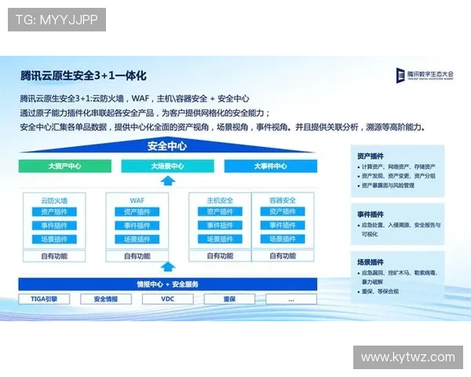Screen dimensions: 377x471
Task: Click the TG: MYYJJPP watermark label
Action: click(57, 20)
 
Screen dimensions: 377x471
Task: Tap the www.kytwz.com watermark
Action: click(407, 357)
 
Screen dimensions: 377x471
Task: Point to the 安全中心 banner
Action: click(167, 146)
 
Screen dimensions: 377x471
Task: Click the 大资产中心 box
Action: click(64, 167)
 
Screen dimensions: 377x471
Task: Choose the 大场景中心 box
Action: click(167, 167)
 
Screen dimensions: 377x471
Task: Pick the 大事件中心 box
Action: click(270, 167)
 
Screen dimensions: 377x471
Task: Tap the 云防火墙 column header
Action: click(54, 199)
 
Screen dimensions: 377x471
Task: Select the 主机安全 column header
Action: click(220, 199)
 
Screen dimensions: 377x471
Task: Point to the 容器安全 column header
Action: click(282, 199)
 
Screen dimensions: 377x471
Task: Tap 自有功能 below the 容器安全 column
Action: click(282, 255)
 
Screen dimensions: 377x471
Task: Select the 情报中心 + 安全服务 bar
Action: click(167, 284)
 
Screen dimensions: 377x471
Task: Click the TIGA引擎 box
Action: click(44, 299)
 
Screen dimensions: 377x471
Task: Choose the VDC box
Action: click(167, 299)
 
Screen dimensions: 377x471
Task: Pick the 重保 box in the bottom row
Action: click(229, 299)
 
